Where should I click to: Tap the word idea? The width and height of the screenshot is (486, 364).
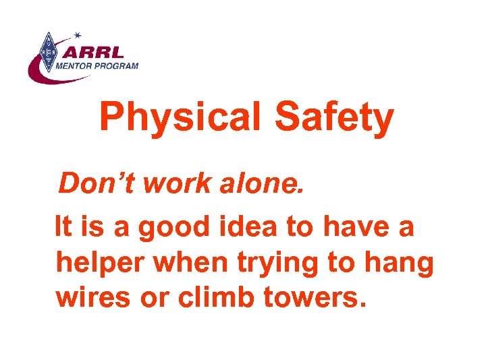point(248,228)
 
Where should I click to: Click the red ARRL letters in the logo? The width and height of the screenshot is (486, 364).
point(99,51)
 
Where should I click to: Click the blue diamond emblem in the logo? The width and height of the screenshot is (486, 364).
point(47,52)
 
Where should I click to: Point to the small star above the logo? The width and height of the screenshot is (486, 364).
point(78,34)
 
